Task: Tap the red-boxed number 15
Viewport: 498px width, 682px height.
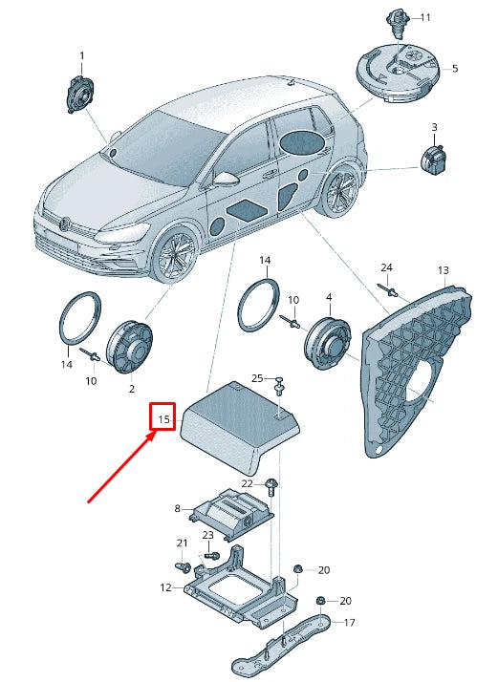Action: coord(163,418)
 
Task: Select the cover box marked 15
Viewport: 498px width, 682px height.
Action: coord(239,422)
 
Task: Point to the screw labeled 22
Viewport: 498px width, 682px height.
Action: coord(272,486)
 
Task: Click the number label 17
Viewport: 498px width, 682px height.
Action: coord(350,623)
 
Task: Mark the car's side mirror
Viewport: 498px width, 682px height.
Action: coord(226,179)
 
